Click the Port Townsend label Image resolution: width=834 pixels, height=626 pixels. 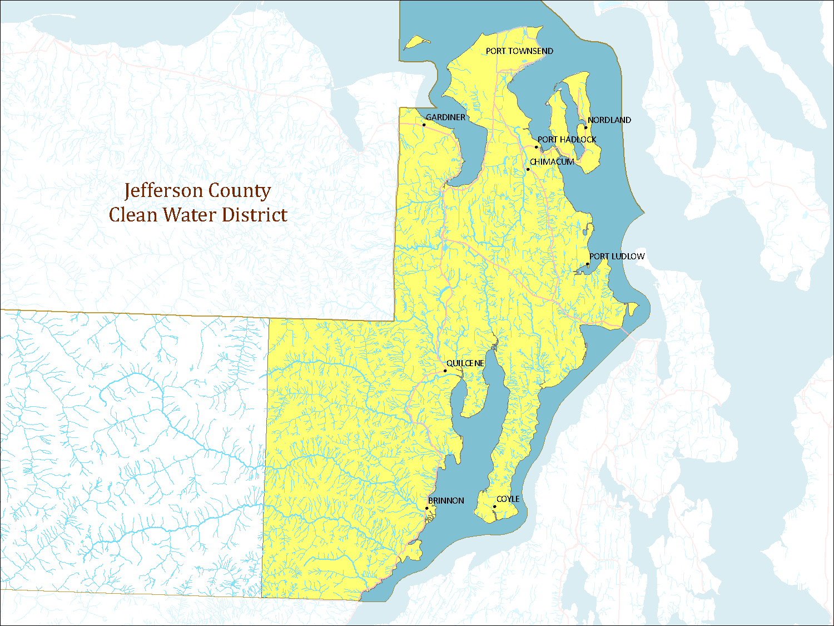coord(519,51)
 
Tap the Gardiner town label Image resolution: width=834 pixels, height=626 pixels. coord(445,117)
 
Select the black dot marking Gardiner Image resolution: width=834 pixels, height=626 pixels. coord(424,125)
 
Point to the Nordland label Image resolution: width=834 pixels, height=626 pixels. coord(609,120)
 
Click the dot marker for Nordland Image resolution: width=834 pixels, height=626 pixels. coord(585,127)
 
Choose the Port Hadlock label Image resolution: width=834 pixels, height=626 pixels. coord(567,140)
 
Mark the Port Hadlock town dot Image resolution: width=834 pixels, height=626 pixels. coord(537,147)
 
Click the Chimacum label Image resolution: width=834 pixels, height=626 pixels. coord(552,162)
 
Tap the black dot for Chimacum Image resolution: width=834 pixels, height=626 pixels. coord(528,169)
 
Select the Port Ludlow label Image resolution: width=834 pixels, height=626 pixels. coord(617,257)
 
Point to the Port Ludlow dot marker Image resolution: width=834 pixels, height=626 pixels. coord(588,264)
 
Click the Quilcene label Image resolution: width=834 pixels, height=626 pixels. coord(465,363)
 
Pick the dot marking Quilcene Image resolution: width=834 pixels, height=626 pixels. coord(445,371)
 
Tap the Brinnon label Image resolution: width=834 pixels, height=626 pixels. coord(446,501)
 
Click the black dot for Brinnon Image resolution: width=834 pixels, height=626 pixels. coord(427,508)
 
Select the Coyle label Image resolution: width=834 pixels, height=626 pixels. coord(508,499)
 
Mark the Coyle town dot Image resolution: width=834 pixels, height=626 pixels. coord(494,506)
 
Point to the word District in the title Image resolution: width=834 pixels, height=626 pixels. coord(255,215)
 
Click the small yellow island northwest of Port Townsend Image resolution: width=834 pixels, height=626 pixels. coord(416,42)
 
